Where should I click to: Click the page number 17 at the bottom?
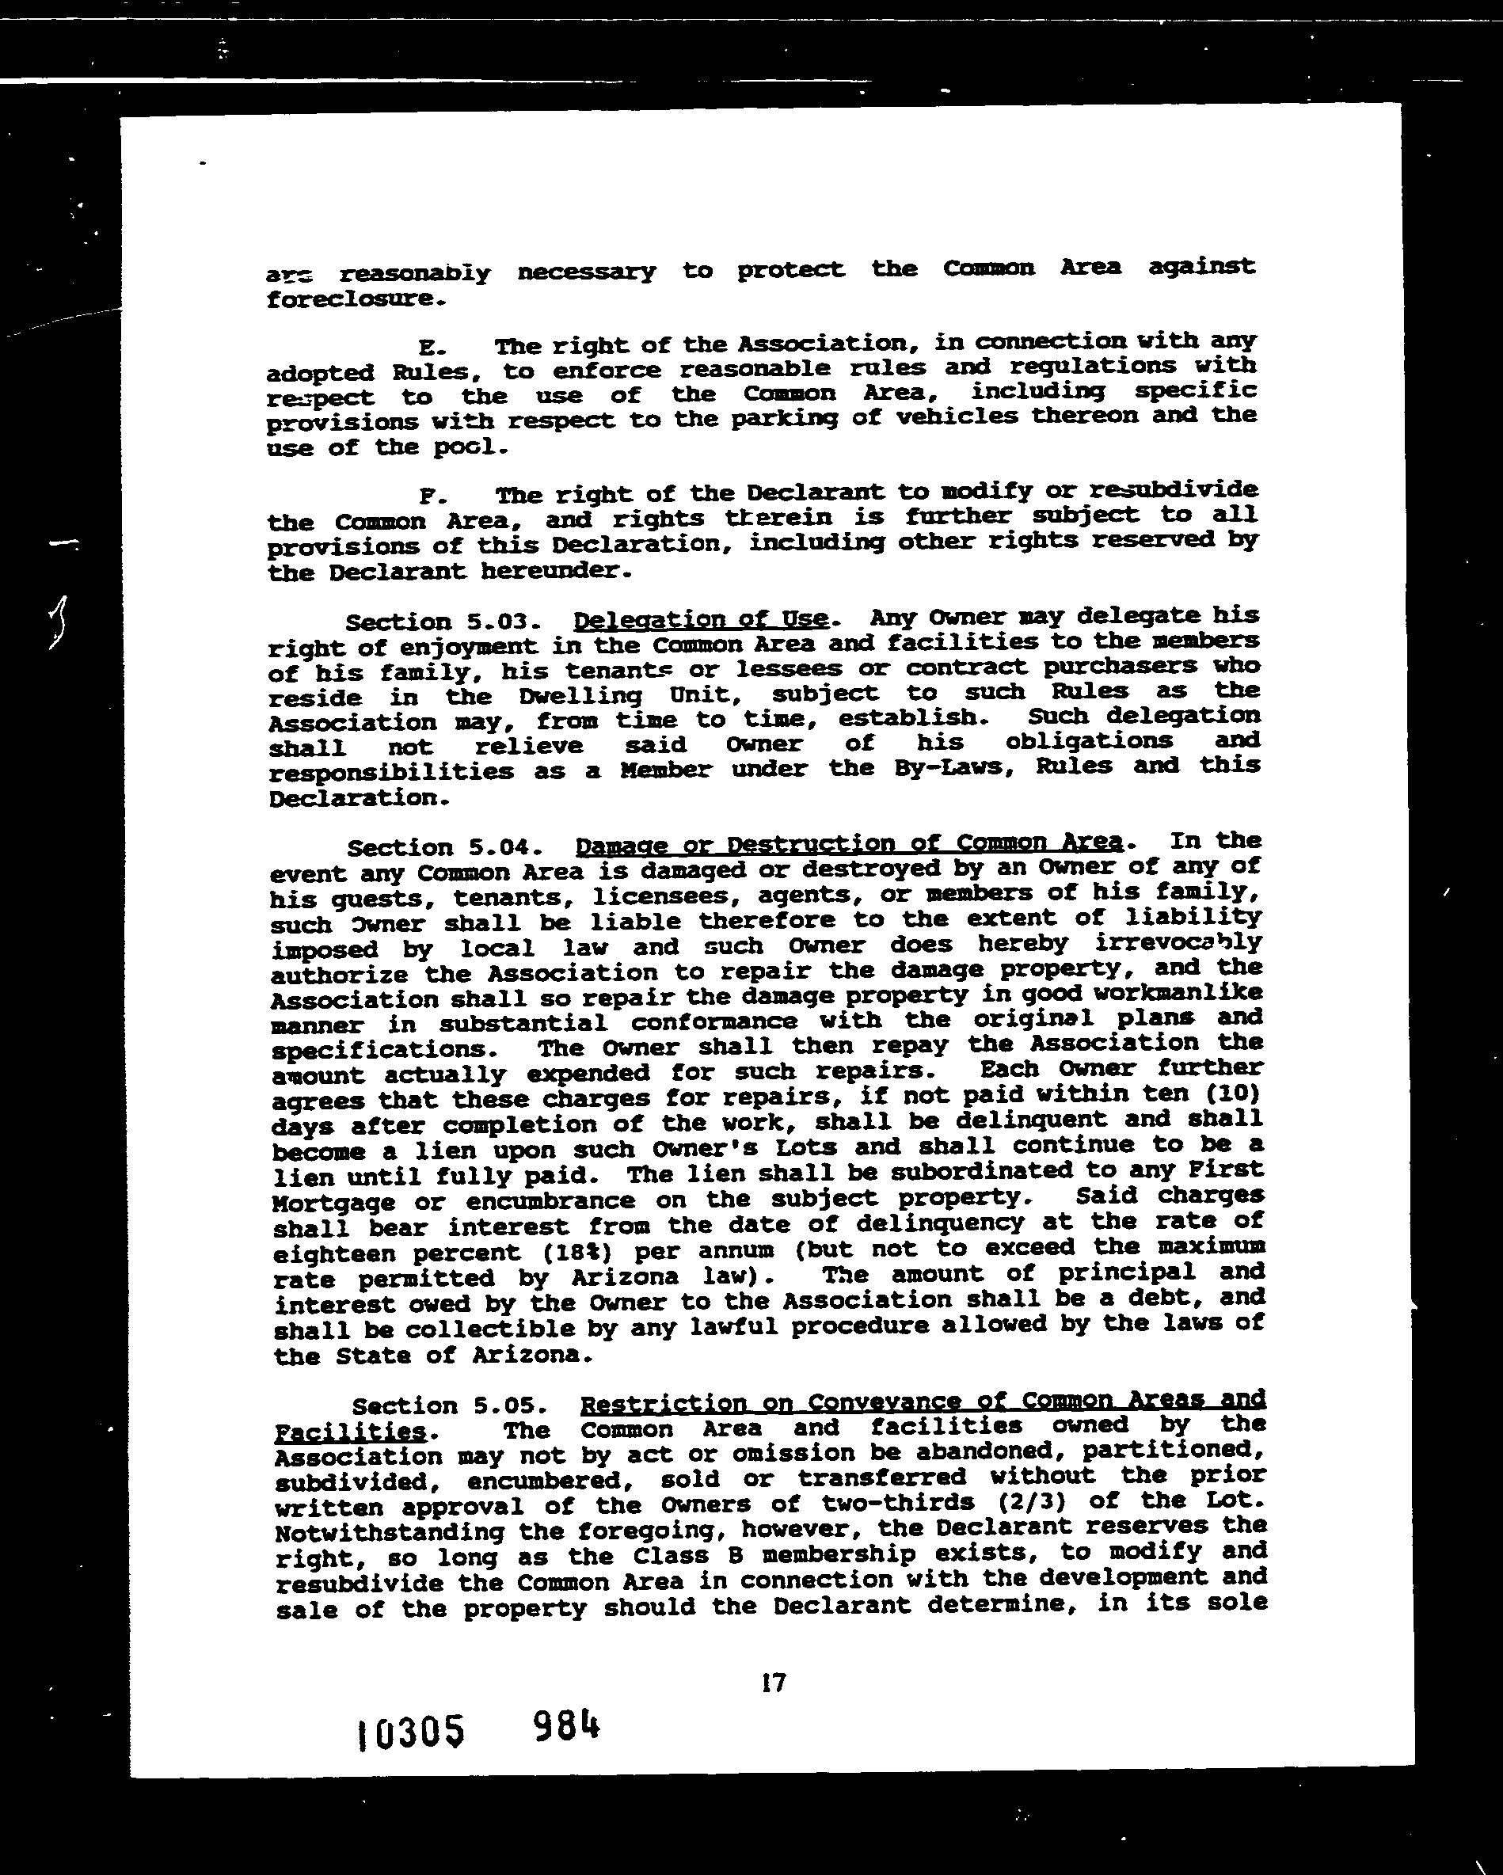pyautogui.click(x=772, y=1683)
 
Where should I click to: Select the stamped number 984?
pyautogui.click(x=566, y=1725)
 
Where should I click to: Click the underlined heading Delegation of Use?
pyautogui.click(x=700, y=619)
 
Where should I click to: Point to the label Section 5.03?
pyautogui.click(x=443, y=622)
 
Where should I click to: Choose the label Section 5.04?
pyautogui.click(x=445, y=848)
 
